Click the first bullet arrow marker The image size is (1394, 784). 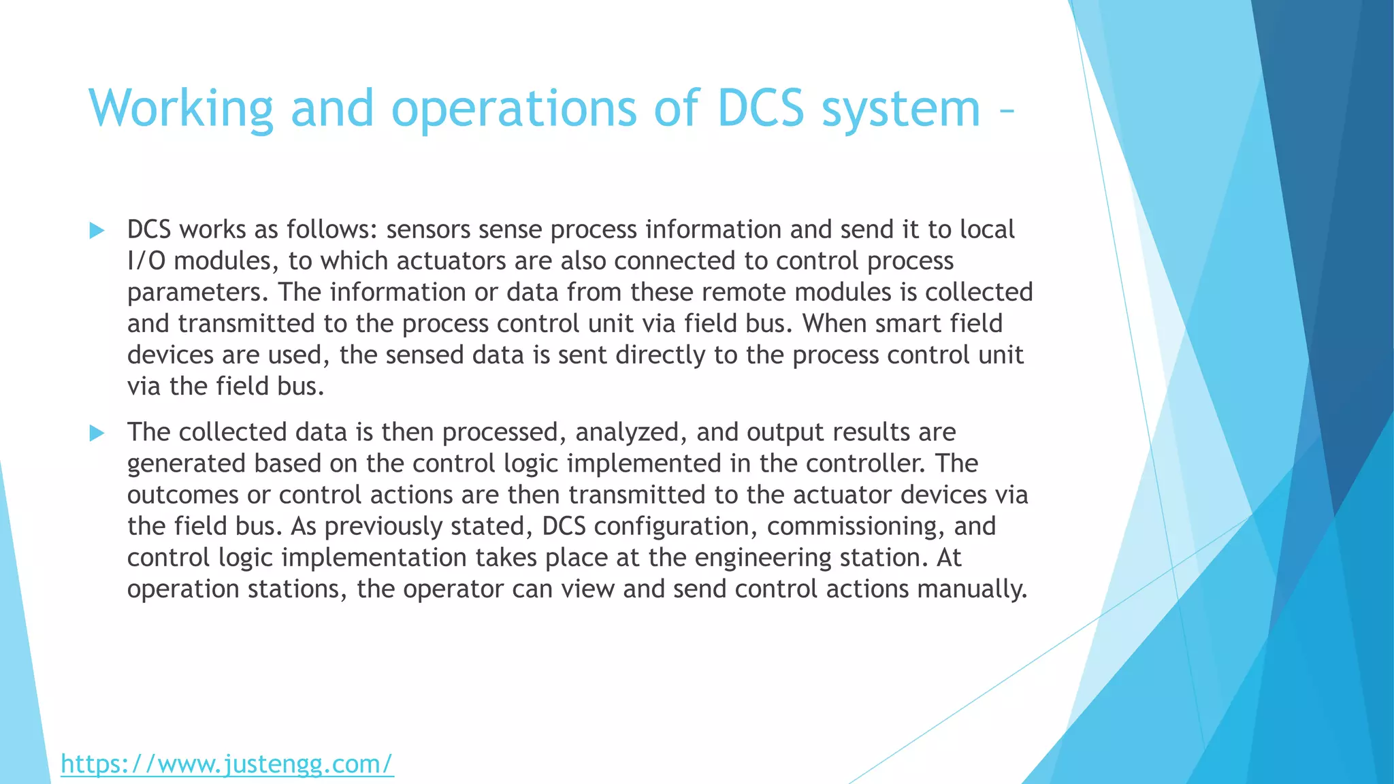tap(97, 231)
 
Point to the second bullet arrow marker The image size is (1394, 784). tap(97, 433)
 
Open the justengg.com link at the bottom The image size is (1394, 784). tap(227, 764)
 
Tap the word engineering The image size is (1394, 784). tap(763, 558)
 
